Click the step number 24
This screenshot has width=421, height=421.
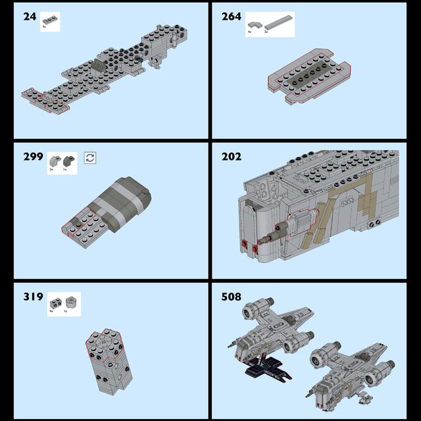(x=30, y=16)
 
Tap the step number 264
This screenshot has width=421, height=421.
(x=232, y=16)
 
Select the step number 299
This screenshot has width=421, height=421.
(x=32, y=157)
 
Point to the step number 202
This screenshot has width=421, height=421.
(x=232, y=157)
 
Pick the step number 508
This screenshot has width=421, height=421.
(x=232, y=297)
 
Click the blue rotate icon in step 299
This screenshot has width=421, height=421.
(x=90, y=157)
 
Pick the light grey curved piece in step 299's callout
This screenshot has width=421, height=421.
(x=54, y=159)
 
